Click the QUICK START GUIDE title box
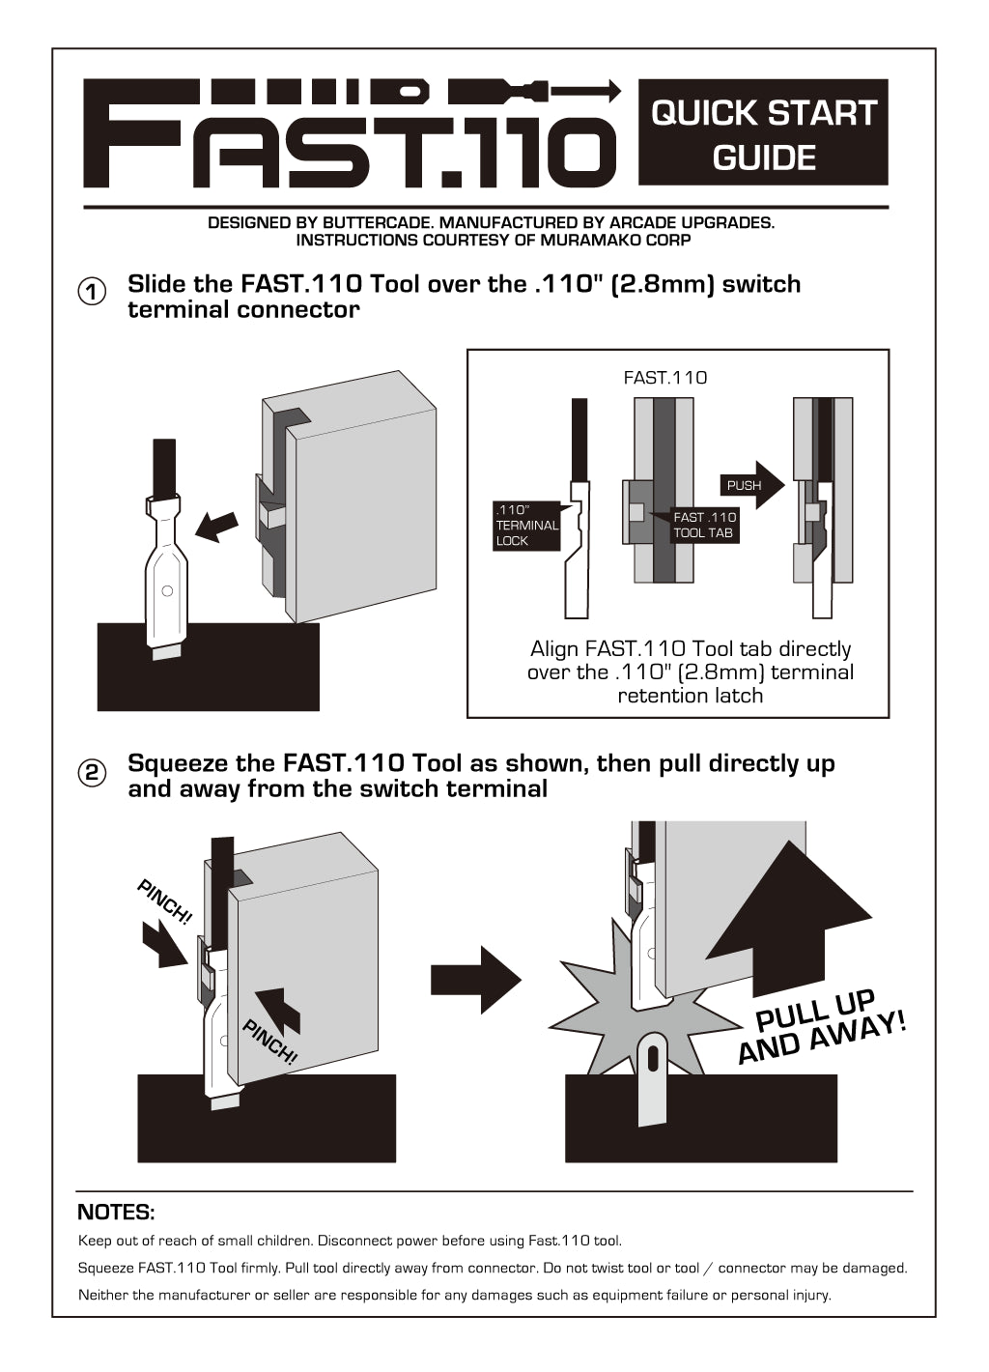(763, 133)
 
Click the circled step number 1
(92, 292)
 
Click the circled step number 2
(92, 772)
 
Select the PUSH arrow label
(745, 485)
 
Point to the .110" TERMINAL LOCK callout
(526, 526)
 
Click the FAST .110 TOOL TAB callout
(704, 525)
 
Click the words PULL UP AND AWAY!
(820, 1027)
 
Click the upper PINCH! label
(165, 901)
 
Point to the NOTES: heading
(116, 1212)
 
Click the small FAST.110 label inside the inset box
(665, 378)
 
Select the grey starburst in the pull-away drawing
(599, 1015)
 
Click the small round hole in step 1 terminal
(167, 589)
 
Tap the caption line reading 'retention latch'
(690, 696)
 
